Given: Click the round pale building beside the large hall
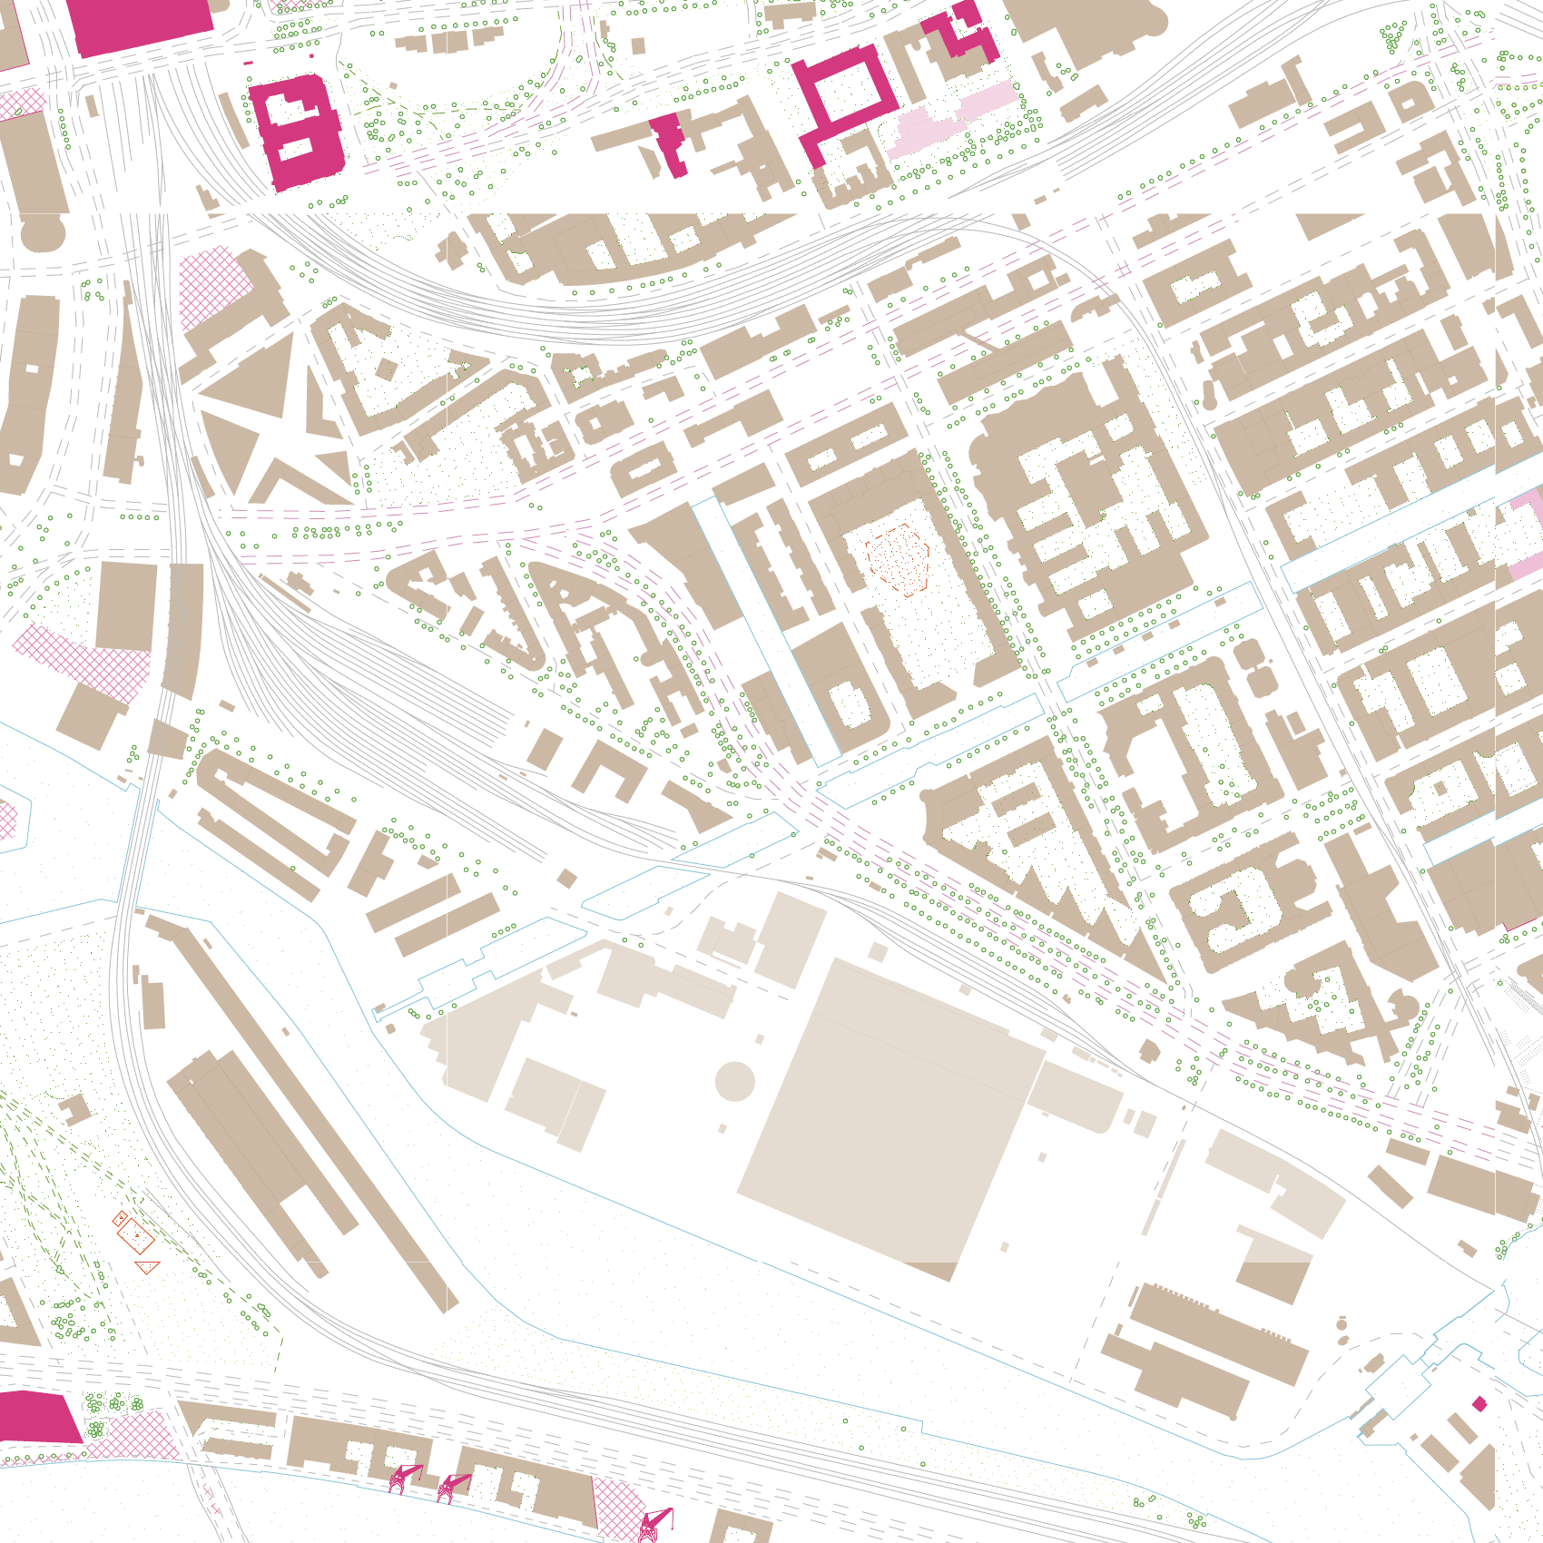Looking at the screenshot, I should (735, 1080).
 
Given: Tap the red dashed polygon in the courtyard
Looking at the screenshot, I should (898, 558).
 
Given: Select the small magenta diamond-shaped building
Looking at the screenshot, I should (1479, 1404).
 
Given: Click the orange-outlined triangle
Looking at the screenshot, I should (148, 1267).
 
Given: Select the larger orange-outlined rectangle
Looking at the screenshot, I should (136, 1236).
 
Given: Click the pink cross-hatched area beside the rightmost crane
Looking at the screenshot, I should (617, 1507).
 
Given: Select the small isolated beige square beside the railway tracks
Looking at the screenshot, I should (566, 878).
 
